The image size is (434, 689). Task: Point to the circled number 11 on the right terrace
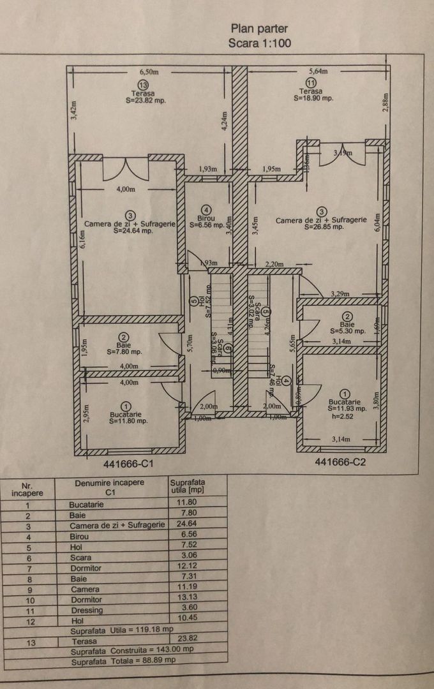pyautogui.click(x=311, y=83)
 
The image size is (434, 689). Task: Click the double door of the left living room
pyautogui.click(x=126, y=169)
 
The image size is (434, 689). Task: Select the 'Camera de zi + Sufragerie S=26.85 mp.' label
pyautogui.click(x=321, y=222)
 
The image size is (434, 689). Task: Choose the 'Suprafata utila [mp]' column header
pyautogui.click(x=188, y=487)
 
